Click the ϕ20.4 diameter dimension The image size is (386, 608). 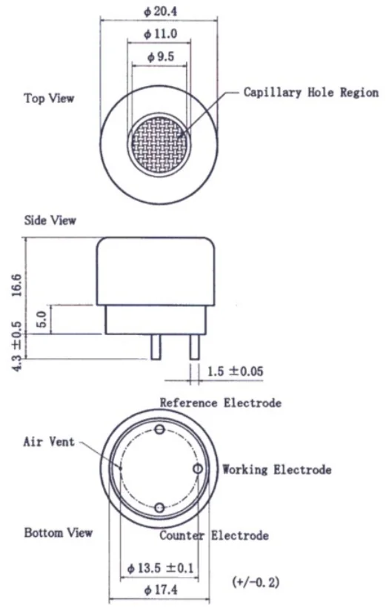160,11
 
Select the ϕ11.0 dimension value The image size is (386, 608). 160,34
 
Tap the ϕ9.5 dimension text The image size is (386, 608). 161,57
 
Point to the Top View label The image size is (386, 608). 49,98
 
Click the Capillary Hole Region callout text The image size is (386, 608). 311,92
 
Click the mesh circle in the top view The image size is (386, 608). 159,144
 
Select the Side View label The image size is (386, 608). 50,220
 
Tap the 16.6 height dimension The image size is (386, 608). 17,285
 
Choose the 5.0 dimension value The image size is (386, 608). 41,319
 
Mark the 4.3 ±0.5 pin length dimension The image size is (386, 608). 17,346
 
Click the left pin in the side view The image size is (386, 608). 156,347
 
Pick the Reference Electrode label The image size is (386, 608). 221,403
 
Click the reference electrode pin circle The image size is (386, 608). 160,429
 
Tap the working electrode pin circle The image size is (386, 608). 198,469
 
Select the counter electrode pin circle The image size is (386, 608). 159,508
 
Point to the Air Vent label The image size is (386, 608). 49,442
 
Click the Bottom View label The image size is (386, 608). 59,532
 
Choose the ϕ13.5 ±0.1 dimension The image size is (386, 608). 161,569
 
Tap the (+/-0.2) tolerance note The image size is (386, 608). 256,581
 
